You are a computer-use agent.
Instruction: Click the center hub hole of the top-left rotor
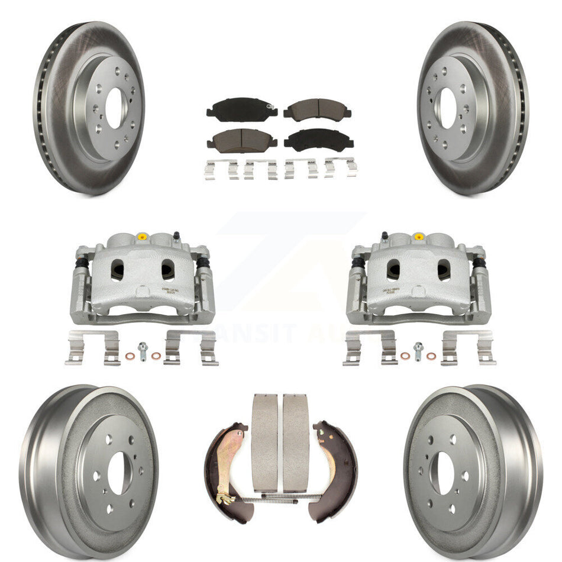(115, 108)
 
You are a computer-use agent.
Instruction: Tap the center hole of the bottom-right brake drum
(445, 473)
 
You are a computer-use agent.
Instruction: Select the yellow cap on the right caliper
(419, 237)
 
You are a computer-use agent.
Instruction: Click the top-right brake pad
(317, 109)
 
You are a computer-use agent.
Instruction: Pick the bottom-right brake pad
(318, 139)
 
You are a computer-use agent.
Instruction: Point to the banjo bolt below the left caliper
(143, 350)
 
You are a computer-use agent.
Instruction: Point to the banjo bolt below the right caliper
(419, 350)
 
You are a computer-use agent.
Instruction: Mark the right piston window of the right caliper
(444, 270)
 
